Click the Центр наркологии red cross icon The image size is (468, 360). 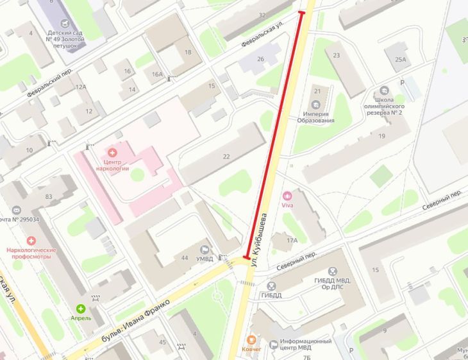pyautogui.click(x=113, y=152)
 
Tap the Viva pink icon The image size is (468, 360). pyautogui.click(x=287, y=195)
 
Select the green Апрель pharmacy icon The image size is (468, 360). pyautogui.click(x=81, y=309)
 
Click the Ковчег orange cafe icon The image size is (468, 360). pyautogui.click(x=252, y=339)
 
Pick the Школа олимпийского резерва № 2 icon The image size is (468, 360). pyautogui.click(x=384, y=90)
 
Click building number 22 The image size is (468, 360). pyautogui.click(x=226, y=157)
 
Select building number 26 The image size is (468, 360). pyautogui.click(x=260, y=60)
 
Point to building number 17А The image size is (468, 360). pyautogui.click(x=292, y=240)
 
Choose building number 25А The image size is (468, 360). pyautogui.click(x=401, y=60)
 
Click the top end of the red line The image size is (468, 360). pyautogui.click(x=301, y=12)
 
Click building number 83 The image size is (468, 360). pyautogui.click(x=49, y=196)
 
